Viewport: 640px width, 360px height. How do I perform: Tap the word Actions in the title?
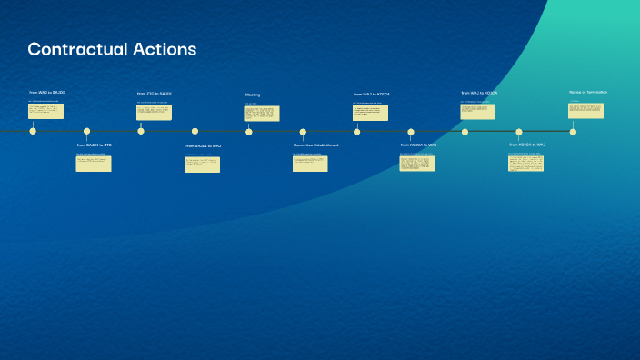pos(163,49)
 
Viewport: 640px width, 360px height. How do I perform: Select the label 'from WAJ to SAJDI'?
pos(46,93)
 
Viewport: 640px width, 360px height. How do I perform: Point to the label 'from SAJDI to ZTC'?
pos(94,145)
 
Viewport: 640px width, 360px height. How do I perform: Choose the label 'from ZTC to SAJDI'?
pos(154,94)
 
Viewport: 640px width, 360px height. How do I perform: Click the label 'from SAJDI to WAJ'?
pos(203,145)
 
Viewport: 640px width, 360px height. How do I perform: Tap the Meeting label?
pos(253,95)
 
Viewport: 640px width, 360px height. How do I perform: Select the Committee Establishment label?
pos(315,145)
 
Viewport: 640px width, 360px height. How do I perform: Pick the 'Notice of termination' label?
pos(588,92)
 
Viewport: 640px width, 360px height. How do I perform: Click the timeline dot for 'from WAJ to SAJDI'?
pos(33,131)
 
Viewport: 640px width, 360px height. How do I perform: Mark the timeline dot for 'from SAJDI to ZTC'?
pos(87,131)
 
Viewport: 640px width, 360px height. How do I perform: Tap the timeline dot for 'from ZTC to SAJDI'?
pos(141,131)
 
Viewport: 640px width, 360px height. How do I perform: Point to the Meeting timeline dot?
pos(249,131)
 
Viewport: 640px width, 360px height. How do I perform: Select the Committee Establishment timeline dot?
pos(303,131)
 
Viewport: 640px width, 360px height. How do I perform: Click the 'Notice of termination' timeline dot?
pos(573,131)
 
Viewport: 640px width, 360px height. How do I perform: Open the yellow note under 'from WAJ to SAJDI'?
pos(45,111)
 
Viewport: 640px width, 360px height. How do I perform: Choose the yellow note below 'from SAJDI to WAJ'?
pos(202,165)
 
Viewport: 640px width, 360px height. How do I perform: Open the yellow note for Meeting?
pos(261,113)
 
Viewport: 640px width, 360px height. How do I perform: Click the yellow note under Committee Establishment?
pos(310,164)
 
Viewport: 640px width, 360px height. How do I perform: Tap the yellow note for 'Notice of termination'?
pos(585,111)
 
